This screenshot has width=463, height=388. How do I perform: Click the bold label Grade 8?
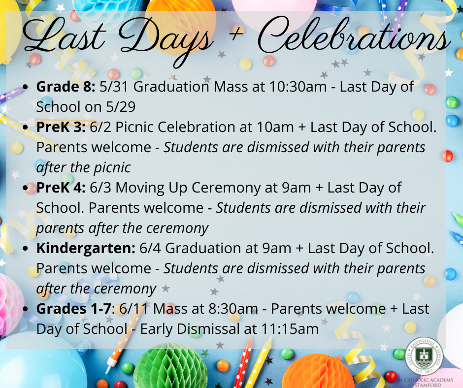(66, 87)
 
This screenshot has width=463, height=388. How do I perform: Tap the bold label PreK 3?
(61, 127)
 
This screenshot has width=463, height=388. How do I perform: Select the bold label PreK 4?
(61, 188)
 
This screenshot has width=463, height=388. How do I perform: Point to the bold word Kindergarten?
(86, 249)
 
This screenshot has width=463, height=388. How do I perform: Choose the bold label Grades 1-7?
(74, 309)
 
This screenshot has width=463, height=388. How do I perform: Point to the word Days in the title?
(165, 38)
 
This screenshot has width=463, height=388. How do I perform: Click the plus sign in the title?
(236, 32)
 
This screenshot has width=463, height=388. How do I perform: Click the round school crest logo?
(424, 356)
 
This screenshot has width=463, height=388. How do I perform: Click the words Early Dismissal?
(190, 329)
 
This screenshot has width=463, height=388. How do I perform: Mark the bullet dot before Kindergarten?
(26, 249)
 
